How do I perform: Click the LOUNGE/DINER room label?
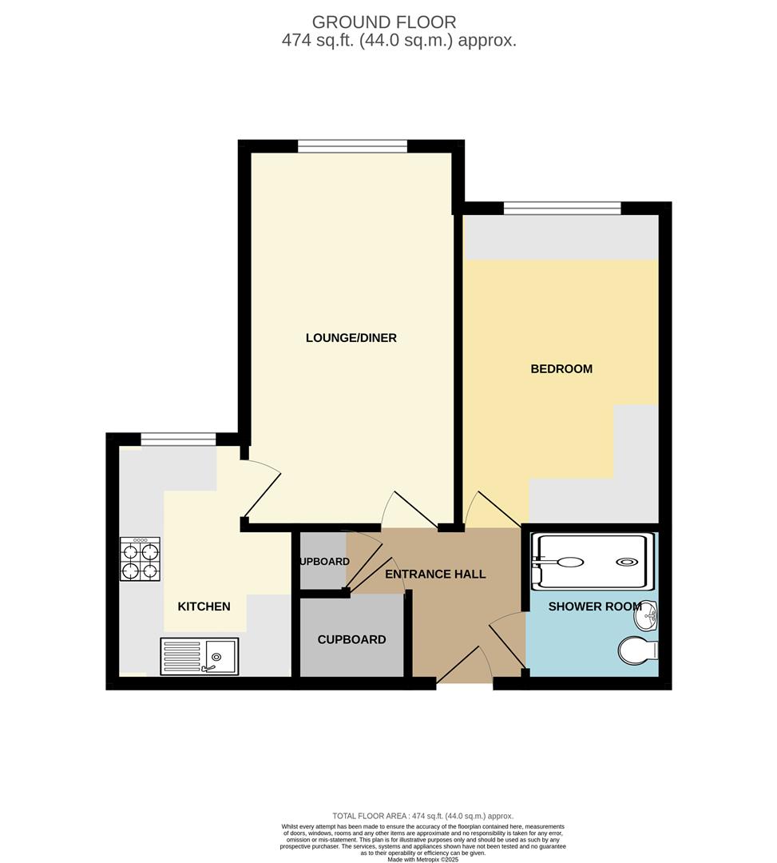coord(351,338)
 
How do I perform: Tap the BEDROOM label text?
coord(561,369)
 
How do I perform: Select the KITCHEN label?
coord(204,606)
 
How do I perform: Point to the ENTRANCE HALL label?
coord(435,574)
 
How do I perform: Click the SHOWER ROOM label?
coord(595,606)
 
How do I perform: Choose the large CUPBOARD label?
coord(351,639)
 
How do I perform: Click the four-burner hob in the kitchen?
coord(140,559)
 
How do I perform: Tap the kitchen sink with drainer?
coord(199,656)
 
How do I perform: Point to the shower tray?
coord(592,561)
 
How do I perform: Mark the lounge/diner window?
coord(352,146)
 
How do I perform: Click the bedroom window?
coord(562,209)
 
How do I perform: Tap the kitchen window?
coord(178,439)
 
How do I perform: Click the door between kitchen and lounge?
coord(261,487)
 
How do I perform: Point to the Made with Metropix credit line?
coord(424,859)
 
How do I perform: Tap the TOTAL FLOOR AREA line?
coord(422,816)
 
